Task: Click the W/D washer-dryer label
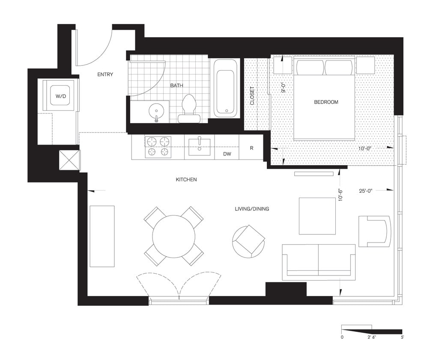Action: click(x=61, y=96)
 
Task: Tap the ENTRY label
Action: click(x=105, y=74)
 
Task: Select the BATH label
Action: click(x=176, y=86)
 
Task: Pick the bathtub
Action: click(x=225, y=88)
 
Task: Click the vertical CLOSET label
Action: click(x=252, y=96)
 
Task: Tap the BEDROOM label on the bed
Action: click(x=326, y=102)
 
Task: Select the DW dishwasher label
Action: click(x=227, y=154)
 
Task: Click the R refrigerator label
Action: click(x=252, y=148)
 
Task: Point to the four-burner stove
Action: click(x=158, y=147)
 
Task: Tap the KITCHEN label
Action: click(x=186, y=180)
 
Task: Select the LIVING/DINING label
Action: click(x=252, y=209)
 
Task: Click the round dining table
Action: click(x=174, y=237)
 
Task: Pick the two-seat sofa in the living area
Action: click(x=318, y=262)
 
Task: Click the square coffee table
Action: click(x=317, y=216)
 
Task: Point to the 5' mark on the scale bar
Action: click(x=402, y=337)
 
